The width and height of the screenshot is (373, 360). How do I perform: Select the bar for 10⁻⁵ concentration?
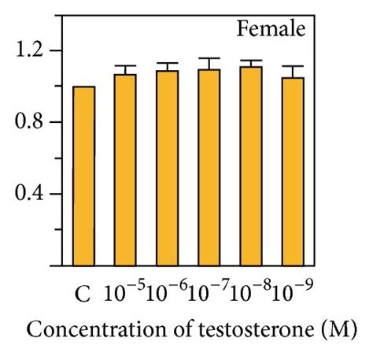click(125, 169)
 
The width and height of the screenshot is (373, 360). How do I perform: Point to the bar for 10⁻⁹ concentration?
click(293, 171)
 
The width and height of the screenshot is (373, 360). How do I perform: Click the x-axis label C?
click(82, 296)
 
